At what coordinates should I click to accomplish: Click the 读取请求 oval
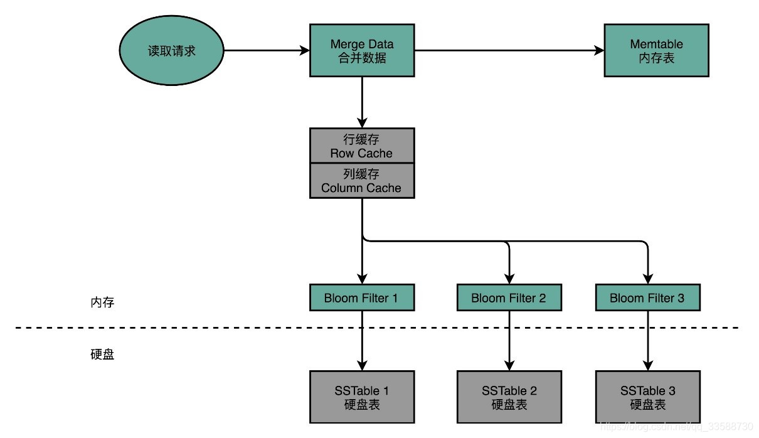click(172, 51)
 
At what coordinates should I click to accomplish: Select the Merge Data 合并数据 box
click(362, 51)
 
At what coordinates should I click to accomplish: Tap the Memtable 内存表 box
click(656, 51)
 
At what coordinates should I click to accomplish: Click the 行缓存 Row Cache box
click(362, 146)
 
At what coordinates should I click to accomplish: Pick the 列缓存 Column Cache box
click(362, 181)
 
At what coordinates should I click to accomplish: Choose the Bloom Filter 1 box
click(362, 297)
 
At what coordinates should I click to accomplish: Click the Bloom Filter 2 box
click(509, 297)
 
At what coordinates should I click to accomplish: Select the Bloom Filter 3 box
click(647, 297)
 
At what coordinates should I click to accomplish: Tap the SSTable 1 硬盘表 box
click(362, 397)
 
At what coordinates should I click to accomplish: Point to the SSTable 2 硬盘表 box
click(509, 397)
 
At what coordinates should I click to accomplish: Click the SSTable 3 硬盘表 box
click(647, 397)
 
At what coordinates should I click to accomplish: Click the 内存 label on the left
click(102, 302)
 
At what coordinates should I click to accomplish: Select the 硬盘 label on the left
click(102, 355)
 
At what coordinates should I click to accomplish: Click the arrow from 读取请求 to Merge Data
click(266, 51)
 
